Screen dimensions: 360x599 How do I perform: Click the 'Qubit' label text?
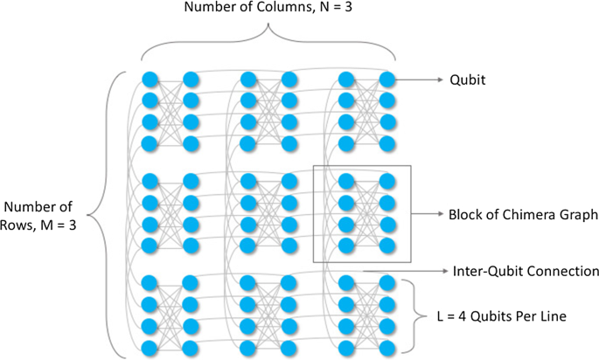[467, 80]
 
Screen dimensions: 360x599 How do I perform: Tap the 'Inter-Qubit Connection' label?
[526, 271]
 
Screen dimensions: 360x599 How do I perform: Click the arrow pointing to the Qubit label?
[418, 80]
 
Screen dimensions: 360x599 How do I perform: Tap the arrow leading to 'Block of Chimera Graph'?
[428, 213]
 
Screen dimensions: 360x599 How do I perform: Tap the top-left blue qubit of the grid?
[150, 80]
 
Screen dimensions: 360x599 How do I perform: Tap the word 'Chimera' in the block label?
[523, 213]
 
